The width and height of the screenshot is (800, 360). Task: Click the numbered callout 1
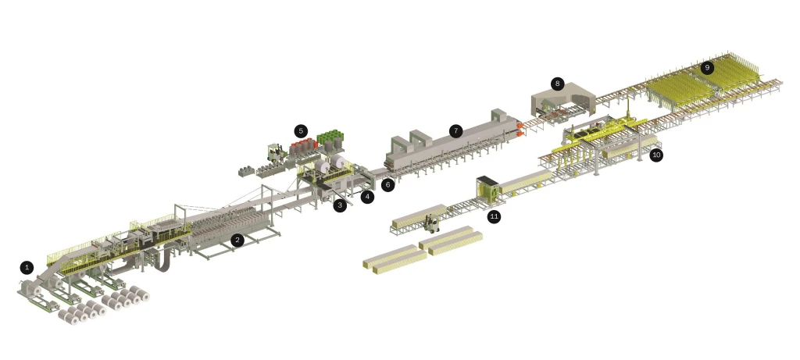pyautogui.click(x=27, y=267)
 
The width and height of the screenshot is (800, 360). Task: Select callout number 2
pyautogui.click(x=237, y=240)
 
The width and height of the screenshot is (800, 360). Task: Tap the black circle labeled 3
pyautogui.click(x=339, y=205)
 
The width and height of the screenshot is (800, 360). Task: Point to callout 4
pyautogui.click(x=367, y=197)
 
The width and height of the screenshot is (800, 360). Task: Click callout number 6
pyautogui.click(x=388, y=185)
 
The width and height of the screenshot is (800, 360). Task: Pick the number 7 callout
pyautogui.click(x=455, y=130)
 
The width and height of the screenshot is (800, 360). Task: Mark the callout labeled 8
pyautogui.click(x=556, y=83)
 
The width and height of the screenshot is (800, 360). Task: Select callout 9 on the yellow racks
pyautogui.click(x=707, y=67)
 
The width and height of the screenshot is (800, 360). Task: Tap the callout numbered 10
pyautogui.click(x=656, y=155)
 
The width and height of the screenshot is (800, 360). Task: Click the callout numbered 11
pyautogui.click(x=494, y=216)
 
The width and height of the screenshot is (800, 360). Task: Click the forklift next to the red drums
pyautogui.click(x=275, y=151)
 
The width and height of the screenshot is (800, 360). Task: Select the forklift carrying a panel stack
pyautogui.click(x=430, y=224)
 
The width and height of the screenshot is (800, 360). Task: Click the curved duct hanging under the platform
pyautogui.click(x=166, y=261)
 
